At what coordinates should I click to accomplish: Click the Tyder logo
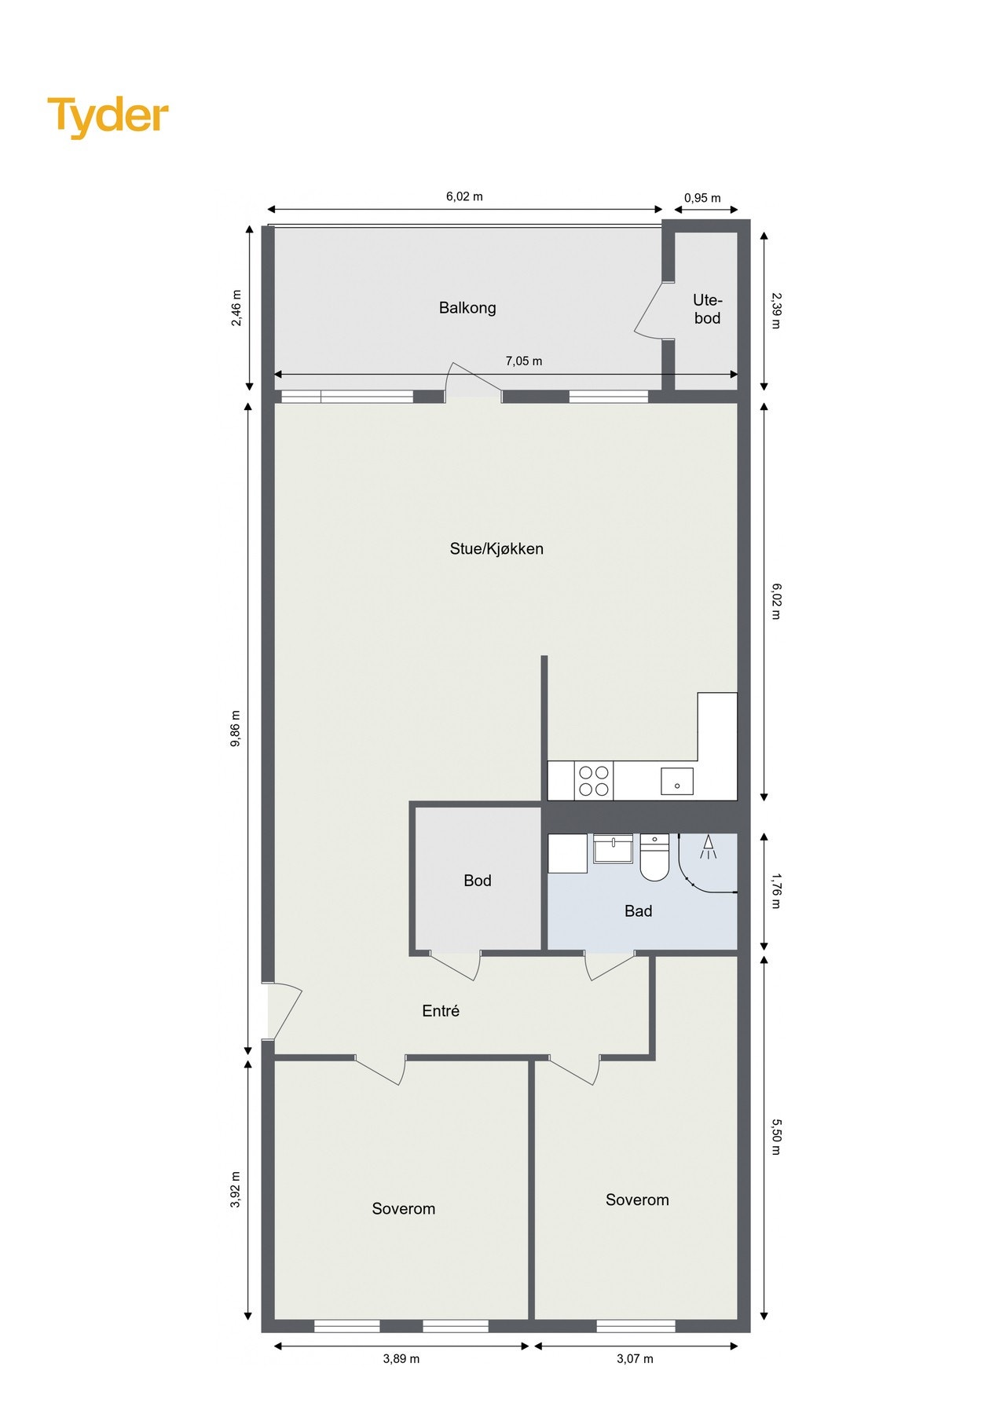tap(108, 116)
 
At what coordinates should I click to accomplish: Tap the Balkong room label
tap(467, 308)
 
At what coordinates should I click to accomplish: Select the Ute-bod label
tap(707, 309)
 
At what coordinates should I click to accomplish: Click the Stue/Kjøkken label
tap(496, 548)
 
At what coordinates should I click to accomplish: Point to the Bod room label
tap(477, 881)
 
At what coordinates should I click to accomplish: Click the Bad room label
tap(638, 910)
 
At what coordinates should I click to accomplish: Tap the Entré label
tap(440, 1011)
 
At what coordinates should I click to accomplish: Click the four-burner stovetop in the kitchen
tap(594, 781)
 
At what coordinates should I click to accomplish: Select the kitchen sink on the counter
tap(677, 782)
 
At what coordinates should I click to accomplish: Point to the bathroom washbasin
tap(613, 848)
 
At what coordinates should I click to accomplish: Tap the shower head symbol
tap(708, 847)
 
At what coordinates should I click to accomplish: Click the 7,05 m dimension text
tap(523, 361)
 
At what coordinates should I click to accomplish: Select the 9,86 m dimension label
tap(236, 728)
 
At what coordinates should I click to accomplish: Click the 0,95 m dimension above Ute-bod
tap(701, 198)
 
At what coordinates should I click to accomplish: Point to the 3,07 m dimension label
tap(635, 1358)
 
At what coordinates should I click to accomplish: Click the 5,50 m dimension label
tap(775, 1137)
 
